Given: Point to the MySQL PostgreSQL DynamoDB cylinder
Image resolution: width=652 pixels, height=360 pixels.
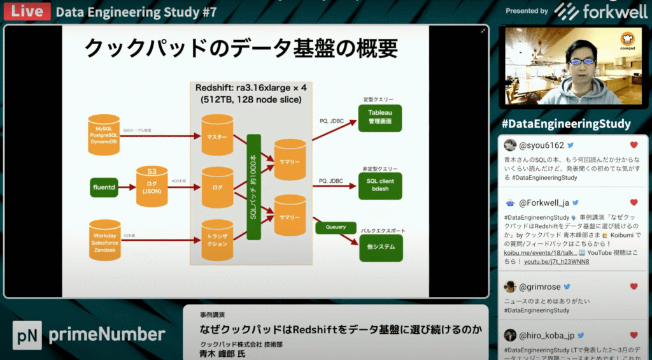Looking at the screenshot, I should pyautogui.click(x=104, y=134).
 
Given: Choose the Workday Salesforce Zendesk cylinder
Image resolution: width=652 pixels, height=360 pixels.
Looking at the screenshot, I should pyautogui.click(x=104, y=240).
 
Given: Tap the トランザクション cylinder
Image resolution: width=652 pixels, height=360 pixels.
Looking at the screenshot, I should pyautogui.click(x=217, y=241).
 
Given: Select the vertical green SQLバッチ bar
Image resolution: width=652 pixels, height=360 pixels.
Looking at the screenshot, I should pyautogui.click(x=255, y=185).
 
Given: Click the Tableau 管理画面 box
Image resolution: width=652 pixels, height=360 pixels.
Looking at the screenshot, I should pyautogui.click(x=379, y=117).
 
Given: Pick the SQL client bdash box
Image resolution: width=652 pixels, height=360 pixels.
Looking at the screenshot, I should pyautogui.click(x=379, y=185).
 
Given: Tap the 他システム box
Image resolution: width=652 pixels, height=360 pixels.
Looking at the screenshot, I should pyautogui.click(x=381, y=247).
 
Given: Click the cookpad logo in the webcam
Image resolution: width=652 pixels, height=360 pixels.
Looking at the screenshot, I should pyautogui.click(x=630, y=40).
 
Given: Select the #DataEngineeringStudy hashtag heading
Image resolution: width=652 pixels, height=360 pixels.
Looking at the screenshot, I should pyautogui.click(x=566, y=124).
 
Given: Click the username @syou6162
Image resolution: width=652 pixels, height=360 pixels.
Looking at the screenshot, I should pyautogui.click(x=542, y=145).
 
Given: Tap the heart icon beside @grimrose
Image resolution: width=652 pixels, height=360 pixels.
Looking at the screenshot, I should pyautogui.click(x=634, y=287).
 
